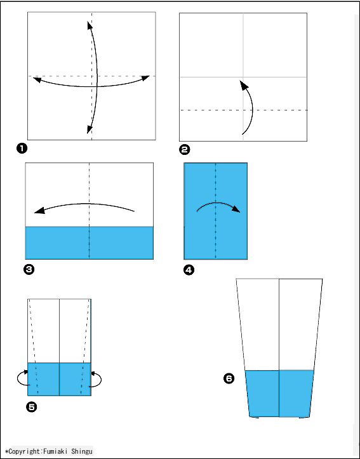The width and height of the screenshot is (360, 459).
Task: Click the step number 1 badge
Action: coord(22,149)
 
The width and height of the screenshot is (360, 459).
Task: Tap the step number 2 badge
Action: coord(184,150)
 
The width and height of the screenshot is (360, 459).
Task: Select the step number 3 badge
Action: coord(29,270)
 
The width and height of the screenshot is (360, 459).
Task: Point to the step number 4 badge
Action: coord(189,270)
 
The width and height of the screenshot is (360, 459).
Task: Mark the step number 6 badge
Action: coord(229,379)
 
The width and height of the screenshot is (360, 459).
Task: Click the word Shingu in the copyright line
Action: coord(83,451)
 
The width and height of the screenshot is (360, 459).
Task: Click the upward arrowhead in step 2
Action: coord(244,85)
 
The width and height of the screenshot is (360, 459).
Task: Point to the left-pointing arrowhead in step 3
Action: coord(40,211)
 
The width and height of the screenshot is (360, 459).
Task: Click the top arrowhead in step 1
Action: coord(90,26)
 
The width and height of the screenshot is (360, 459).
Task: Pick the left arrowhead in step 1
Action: coord(37,79)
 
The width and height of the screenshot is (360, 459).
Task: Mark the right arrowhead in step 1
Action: coord(145,78)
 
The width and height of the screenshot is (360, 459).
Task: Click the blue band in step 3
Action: coord(90,243)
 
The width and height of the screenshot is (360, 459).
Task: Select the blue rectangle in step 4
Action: coord(216,211)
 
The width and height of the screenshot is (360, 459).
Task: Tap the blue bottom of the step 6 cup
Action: coord(279,394)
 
